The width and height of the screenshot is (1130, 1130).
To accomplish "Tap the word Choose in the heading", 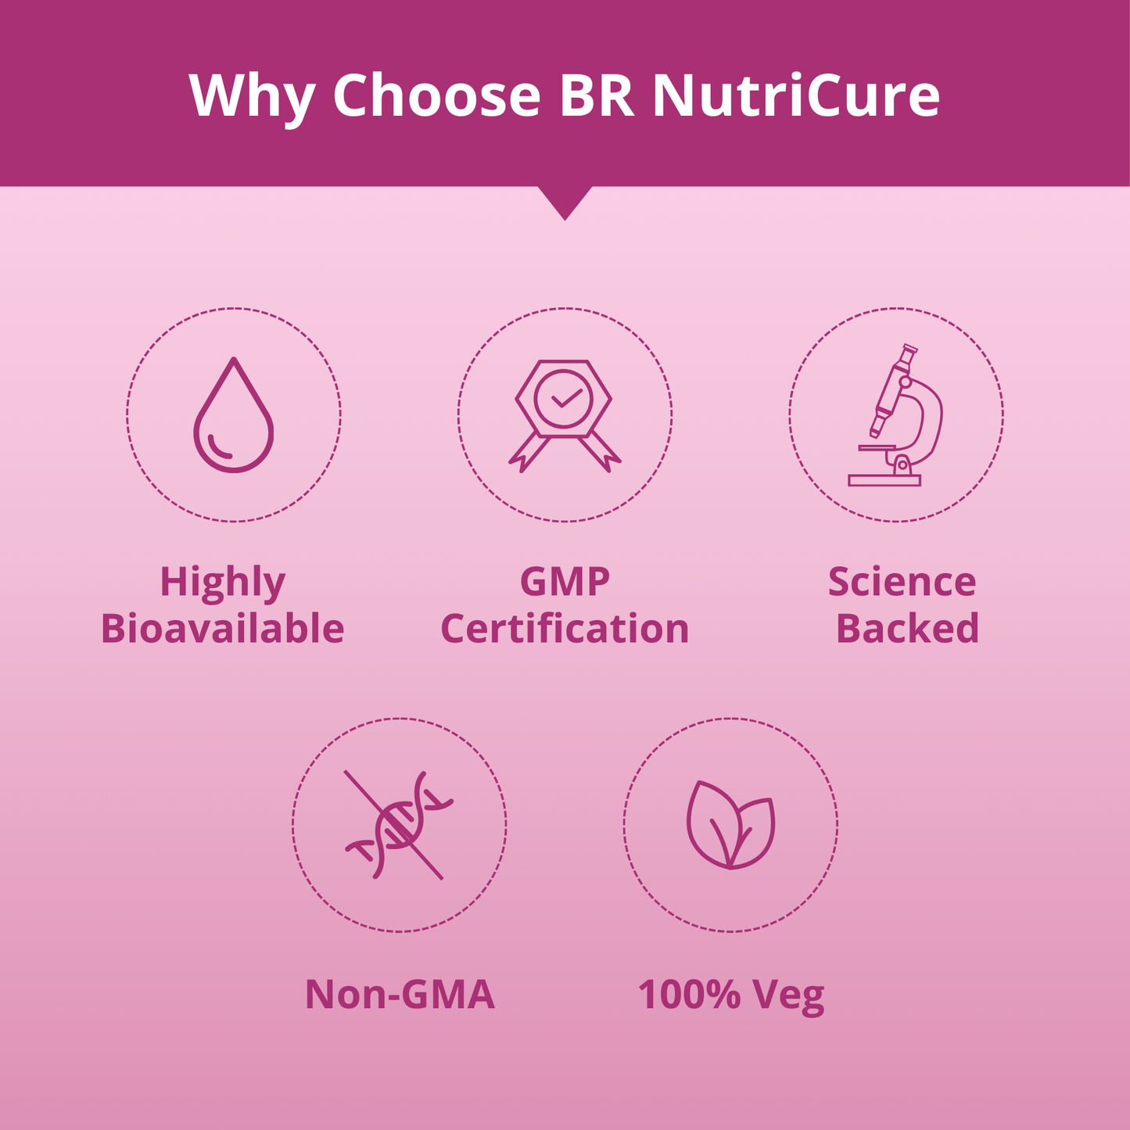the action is coord(437,95).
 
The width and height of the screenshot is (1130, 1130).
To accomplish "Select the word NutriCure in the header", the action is coord(796,95).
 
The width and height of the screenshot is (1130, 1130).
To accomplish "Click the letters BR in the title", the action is coord(597,95).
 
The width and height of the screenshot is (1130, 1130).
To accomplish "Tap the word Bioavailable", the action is coord(223,628).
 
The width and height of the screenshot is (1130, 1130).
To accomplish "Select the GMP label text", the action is coord(565,582).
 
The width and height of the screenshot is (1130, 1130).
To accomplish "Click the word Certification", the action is coord(565,628).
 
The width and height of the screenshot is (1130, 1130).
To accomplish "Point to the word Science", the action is coord(902,582).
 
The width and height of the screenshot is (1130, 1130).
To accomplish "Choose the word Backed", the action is coord(908,628).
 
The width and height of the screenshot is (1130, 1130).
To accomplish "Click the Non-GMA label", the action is coord(400,995).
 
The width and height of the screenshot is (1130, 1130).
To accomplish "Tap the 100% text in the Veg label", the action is coord(689,995).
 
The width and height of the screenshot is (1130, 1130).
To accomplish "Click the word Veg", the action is coord(789,998).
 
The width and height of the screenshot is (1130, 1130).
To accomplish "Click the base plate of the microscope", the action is coord(884,480).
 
